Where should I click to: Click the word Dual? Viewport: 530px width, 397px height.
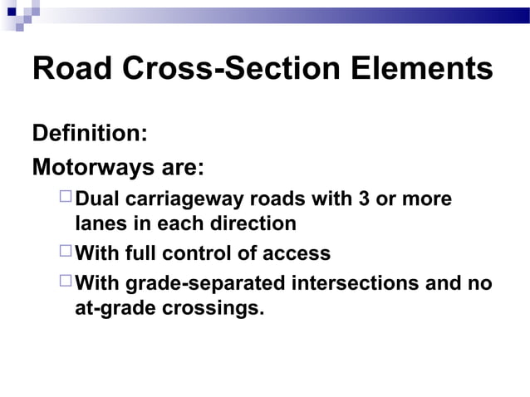(x=98, y=200)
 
